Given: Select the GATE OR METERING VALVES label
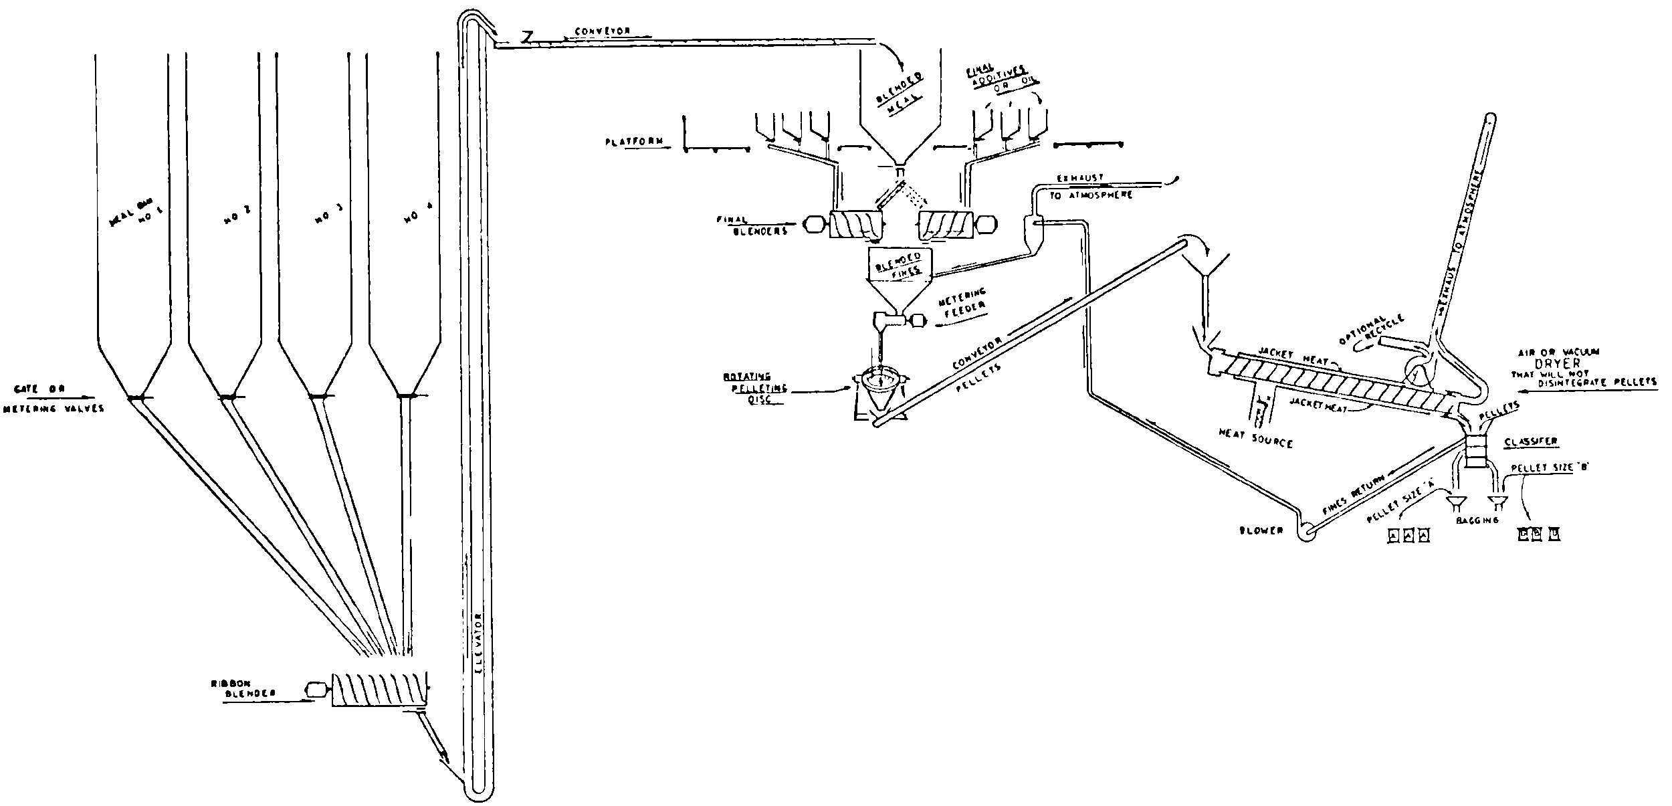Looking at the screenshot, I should (54, 398).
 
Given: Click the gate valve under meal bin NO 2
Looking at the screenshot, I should (227, 397).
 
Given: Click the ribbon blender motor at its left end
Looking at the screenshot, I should (314, 690).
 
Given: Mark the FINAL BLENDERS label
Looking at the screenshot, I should (760, 225).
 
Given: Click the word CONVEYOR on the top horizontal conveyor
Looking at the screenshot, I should (601, 31).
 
